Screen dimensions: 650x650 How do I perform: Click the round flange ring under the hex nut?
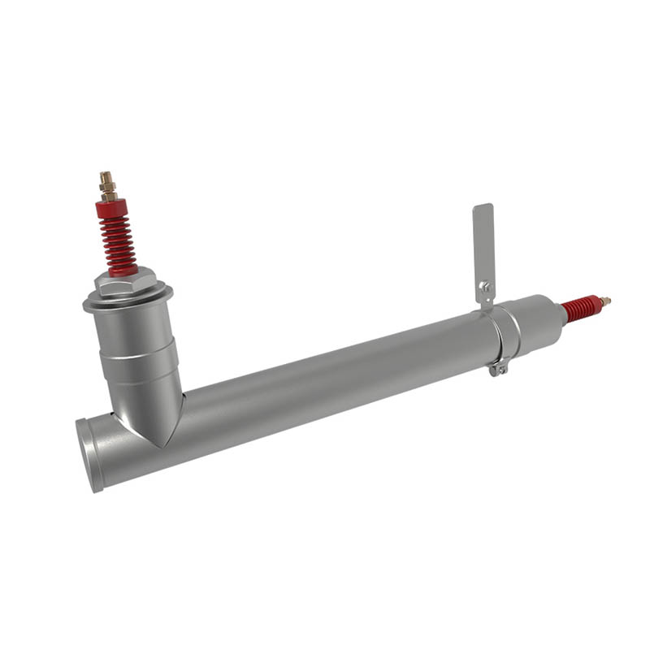click(x=128, y=301)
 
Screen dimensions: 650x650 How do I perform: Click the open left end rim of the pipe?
click(x=88, y=455)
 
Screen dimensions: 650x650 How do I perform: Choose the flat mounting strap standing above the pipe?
click(x=483, y=244)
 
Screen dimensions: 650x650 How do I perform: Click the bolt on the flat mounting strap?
click(x=484, y=285)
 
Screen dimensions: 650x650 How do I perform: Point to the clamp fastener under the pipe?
click(x=498, y=370)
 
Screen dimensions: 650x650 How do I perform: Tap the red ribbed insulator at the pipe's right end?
click(x=580, y=308)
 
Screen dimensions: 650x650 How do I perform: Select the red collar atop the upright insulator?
click(x=112, y=209)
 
